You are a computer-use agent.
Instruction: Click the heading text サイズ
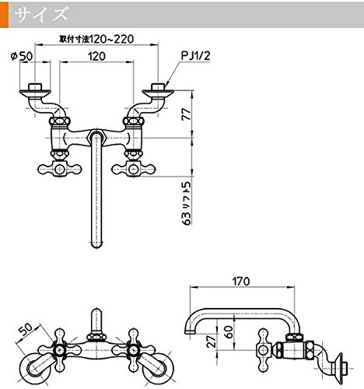41,14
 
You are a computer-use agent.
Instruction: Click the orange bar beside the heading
4,14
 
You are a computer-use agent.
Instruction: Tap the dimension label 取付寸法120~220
96,39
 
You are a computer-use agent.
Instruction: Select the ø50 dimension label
22,56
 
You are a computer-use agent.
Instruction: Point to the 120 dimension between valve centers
96,56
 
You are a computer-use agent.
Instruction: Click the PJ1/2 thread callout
196,55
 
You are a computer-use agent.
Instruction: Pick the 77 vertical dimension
186,114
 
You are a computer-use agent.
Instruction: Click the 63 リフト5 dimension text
186,202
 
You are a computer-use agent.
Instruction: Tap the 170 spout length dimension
241,282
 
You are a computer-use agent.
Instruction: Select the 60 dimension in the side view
229,331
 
